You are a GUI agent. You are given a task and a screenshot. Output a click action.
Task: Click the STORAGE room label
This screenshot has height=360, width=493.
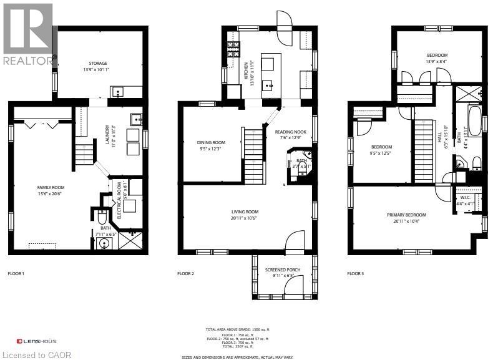pyautogui.click(x=97, y=63)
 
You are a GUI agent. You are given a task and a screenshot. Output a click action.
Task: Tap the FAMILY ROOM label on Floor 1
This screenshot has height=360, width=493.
pyautogui.click(x=51, y=187)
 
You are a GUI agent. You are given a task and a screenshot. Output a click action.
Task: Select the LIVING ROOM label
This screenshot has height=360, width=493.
pyautogui.click(x=245, y=212)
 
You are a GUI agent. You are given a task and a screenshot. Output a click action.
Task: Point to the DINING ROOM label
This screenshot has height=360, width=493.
pyautogui.click(x=212, y=142)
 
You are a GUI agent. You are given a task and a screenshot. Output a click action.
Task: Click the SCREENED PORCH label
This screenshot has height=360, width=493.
pyautogui.click(x=283, y=270)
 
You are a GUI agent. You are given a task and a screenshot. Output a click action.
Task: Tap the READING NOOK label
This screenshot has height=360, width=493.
pyautogui.click(x=291, y=132)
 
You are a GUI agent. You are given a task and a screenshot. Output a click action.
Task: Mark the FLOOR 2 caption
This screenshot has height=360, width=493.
pyautogui.click(x=185, y=273)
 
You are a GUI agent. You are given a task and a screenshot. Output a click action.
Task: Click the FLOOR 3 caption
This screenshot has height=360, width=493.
pyautogui.click(x=355, y=273)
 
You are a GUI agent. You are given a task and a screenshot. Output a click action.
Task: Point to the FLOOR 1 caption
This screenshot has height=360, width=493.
pyautogui.click(x=15, y=273)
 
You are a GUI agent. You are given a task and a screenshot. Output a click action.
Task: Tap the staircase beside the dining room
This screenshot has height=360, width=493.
pyautogui.click(x=253, y=153)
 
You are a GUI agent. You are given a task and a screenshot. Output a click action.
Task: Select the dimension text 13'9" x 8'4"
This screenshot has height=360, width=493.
pyautogui.click(x=436, y=61)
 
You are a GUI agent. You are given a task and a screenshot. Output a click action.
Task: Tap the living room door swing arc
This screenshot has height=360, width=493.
pyautogui.click(x=293, y=238)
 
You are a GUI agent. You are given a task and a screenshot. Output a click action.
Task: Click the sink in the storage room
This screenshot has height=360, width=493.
pyautogui.click(x=119, y=92)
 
